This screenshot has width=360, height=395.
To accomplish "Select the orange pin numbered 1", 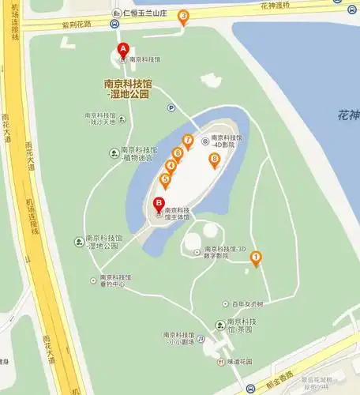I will (x=255, y=257).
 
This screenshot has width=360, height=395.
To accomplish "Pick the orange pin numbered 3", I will (x=183, y=16).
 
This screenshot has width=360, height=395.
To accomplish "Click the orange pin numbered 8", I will (x=214, y=160).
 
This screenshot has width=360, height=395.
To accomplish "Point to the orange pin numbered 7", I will (x=188, y=141).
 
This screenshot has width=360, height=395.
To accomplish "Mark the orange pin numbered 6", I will (x=178, y=153).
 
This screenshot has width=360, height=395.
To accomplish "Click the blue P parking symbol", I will (x=171, y=108).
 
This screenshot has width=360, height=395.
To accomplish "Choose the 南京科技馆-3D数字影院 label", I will (x=227, y=252).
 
